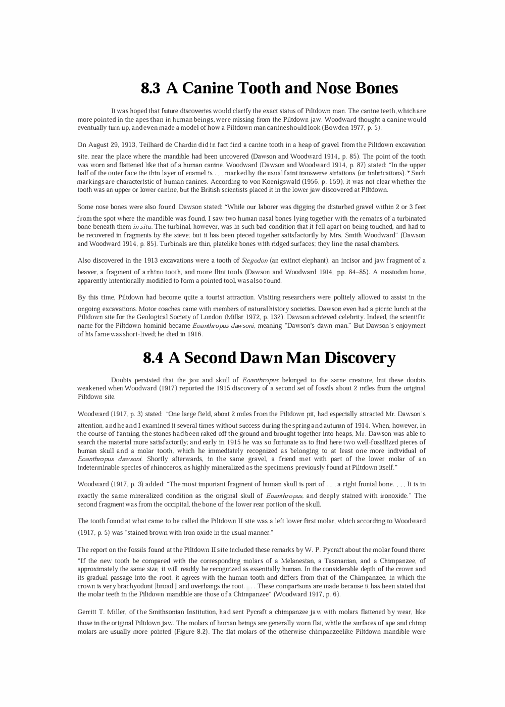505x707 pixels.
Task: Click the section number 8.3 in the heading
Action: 150,88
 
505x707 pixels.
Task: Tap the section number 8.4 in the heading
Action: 153,358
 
